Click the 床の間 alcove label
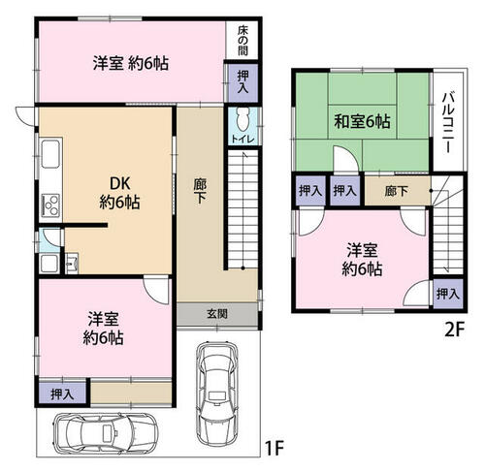242,41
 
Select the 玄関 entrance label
217,313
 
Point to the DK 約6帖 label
119,193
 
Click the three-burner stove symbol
50,205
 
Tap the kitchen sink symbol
50,154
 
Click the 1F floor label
275,448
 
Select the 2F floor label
454,330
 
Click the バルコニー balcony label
448,122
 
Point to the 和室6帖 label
362,121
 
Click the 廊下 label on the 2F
397,191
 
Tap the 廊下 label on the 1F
200,191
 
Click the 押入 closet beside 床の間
243,82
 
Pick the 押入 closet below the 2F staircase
448,294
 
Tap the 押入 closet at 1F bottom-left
62,393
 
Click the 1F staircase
243,209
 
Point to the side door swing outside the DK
25,115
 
